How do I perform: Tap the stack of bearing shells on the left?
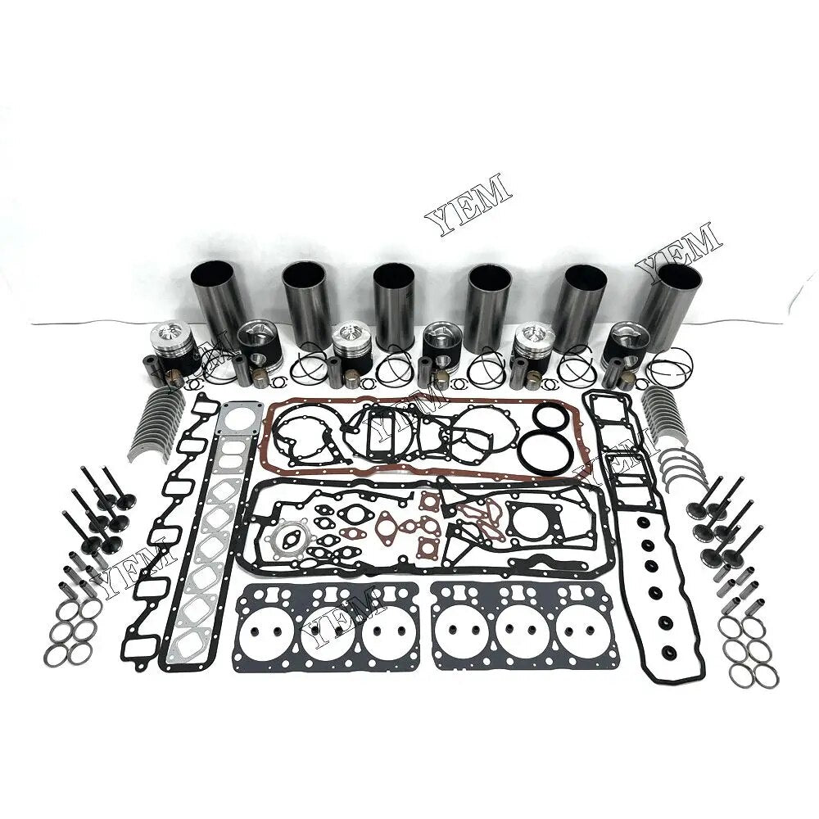click(159, 421)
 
